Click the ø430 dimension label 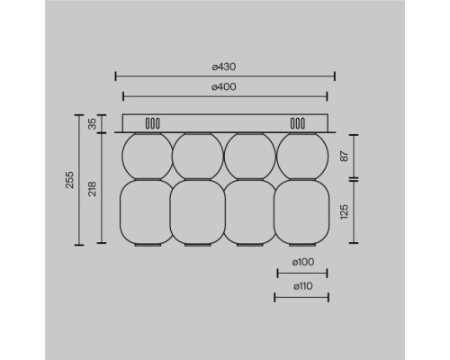[x=224, y=67]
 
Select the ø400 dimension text [x=224, y=87]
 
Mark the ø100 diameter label [x=301, y=263]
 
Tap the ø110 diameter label [x=301, y=287]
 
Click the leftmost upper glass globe [x=146, y=156]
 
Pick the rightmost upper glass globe [x=301, y=156]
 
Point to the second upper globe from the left [x=198, y=156]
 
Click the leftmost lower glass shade [x=146, y=211]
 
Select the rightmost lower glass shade [x=301, y=211]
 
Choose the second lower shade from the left [x=198, y=211]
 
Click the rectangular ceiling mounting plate [x=225, y=123]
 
